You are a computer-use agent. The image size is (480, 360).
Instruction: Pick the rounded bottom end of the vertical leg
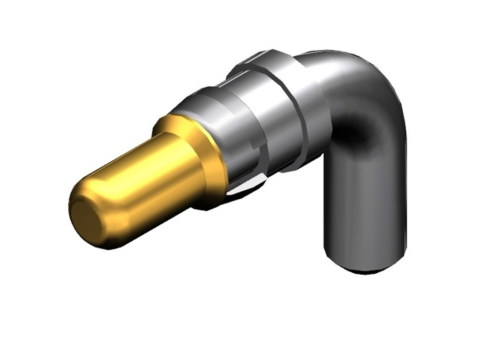point(366,265)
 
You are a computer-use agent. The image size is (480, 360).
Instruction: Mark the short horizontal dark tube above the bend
point(328,66)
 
